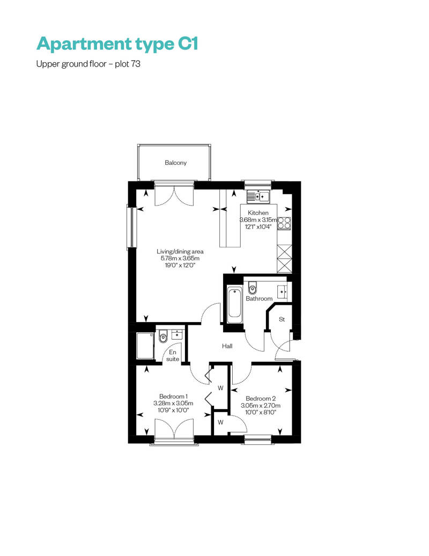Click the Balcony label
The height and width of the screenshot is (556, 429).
(175, 163)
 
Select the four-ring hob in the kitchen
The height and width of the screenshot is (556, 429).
(284, 223)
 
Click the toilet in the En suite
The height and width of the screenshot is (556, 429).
(163, 336)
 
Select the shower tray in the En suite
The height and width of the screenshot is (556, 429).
(146, 346)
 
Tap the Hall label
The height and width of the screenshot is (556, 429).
(227, 346)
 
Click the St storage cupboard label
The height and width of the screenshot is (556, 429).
(282, 319)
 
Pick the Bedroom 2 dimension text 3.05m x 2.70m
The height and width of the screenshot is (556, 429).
(261, 406)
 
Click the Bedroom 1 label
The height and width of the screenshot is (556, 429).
(173, 397)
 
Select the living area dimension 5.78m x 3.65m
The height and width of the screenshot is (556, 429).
(180, 259)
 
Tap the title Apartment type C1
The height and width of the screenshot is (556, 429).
(117, 44)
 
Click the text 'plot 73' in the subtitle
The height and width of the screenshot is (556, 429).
(128, 64)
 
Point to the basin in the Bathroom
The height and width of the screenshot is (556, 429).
(283, 291)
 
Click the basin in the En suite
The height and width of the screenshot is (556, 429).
(177, 334)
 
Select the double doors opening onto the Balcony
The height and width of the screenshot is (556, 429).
(174, 194)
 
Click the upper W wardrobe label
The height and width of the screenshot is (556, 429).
(220, 388)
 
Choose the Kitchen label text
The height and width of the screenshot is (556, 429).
(258, 213)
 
